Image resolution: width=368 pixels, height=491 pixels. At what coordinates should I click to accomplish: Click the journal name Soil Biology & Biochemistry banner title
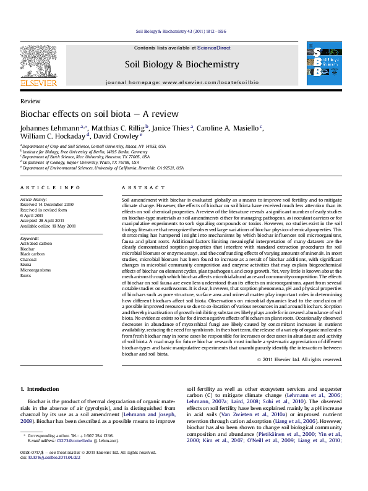point(182,64)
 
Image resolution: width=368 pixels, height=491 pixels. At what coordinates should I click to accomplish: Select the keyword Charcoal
point(30,252)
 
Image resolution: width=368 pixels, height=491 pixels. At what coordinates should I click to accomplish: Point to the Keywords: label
point(30,237)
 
